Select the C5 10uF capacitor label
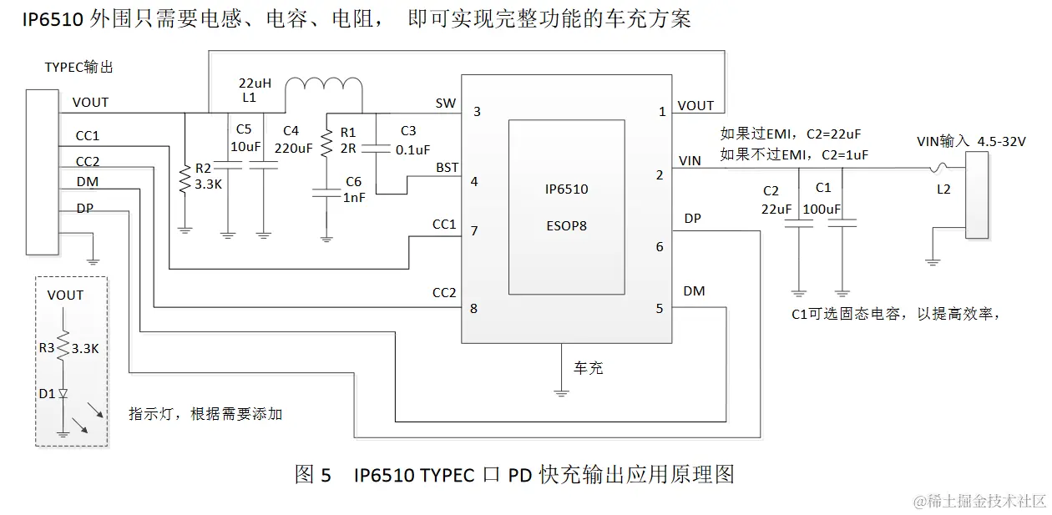tap(244, 138)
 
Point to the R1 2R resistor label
tap(348, 140)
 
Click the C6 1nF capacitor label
tap(353, 191)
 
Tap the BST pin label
tap(448, 168)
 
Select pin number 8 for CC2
tap(473, 309)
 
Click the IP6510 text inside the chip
tap(566, 189)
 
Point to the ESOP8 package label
tap(566, 225)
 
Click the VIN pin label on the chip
tap(690, 159)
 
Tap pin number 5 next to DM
tap(660, 309)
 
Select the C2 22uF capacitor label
tap(776, 199)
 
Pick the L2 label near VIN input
tap(943, 189)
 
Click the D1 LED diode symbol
tap(63, 393)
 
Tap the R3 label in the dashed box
tap(47, 348)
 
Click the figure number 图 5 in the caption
tap(313, 475)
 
